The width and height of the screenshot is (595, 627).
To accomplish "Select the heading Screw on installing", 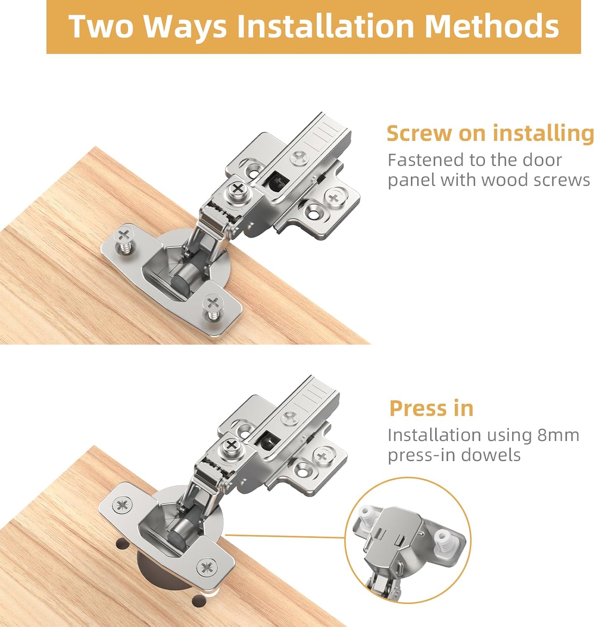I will point(490,133).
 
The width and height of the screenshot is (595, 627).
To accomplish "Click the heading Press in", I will point(431,408).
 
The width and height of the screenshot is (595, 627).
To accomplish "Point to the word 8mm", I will point(558,435).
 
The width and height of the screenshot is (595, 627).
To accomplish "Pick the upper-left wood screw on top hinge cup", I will point(124,237).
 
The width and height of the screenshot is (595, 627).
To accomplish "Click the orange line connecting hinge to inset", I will point(285,535).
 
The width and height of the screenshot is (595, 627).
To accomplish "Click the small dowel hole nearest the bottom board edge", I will point(199,601).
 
